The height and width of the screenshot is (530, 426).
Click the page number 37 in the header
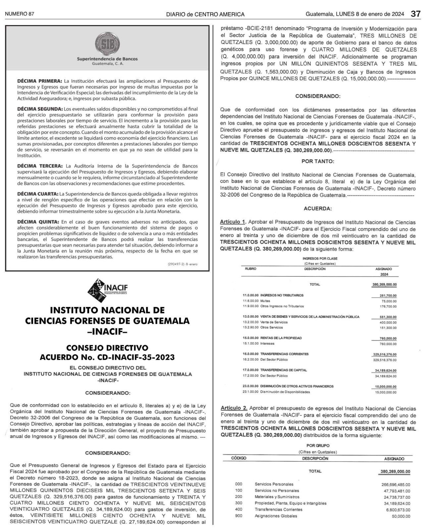pyautogui.click(x=415, y=14)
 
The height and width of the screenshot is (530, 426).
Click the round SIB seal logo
pyautogui.click(x=107, y=44)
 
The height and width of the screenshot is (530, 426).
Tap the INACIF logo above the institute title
pyautogui.click(x=107, y=291)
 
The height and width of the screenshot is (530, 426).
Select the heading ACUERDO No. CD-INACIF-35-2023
pyautogui.click(x=107, y=357)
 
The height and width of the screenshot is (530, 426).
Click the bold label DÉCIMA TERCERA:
pyautogui.click(x=40, y=166)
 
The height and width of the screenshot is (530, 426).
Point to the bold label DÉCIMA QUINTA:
pyautogui.click(x=38, y=222)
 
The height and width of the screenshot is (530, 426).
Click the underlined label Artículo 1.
pyautogui.click(x=233, y=222)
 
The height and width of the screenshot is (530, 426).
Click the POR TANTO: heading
pyautogui.click(x=318, y=162)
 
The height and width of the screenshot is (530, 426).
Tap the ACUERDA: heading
pyautogui.click(x=318, y=209)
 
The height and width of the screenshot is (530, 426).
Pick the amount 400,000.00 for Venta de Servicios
pyautogui.click(x=388, y=322)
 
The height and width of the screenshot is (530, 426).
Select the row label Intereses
pyautogui.click(x=267, y=344)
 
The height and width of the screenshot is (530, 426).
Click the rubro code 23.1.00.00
pyautogui.click(x=250, y=392)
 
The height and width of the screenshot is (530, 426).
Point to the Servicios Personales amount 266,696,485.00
pyautogui.click(x=396, y=484)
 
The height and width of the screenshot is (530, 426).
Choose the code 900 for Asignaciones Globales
pyautogui.click(x=239, y=516)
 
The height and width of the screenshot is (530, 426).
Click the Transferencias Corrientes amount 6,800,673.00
pyautogui.click(x=398, y=510)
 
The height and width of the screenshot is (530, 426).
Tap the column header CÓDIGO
pyautogui.click(x=239, y=459)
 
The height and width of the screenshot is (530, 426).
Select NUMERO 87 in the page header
pyautogui.click(x=20, y=14)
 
